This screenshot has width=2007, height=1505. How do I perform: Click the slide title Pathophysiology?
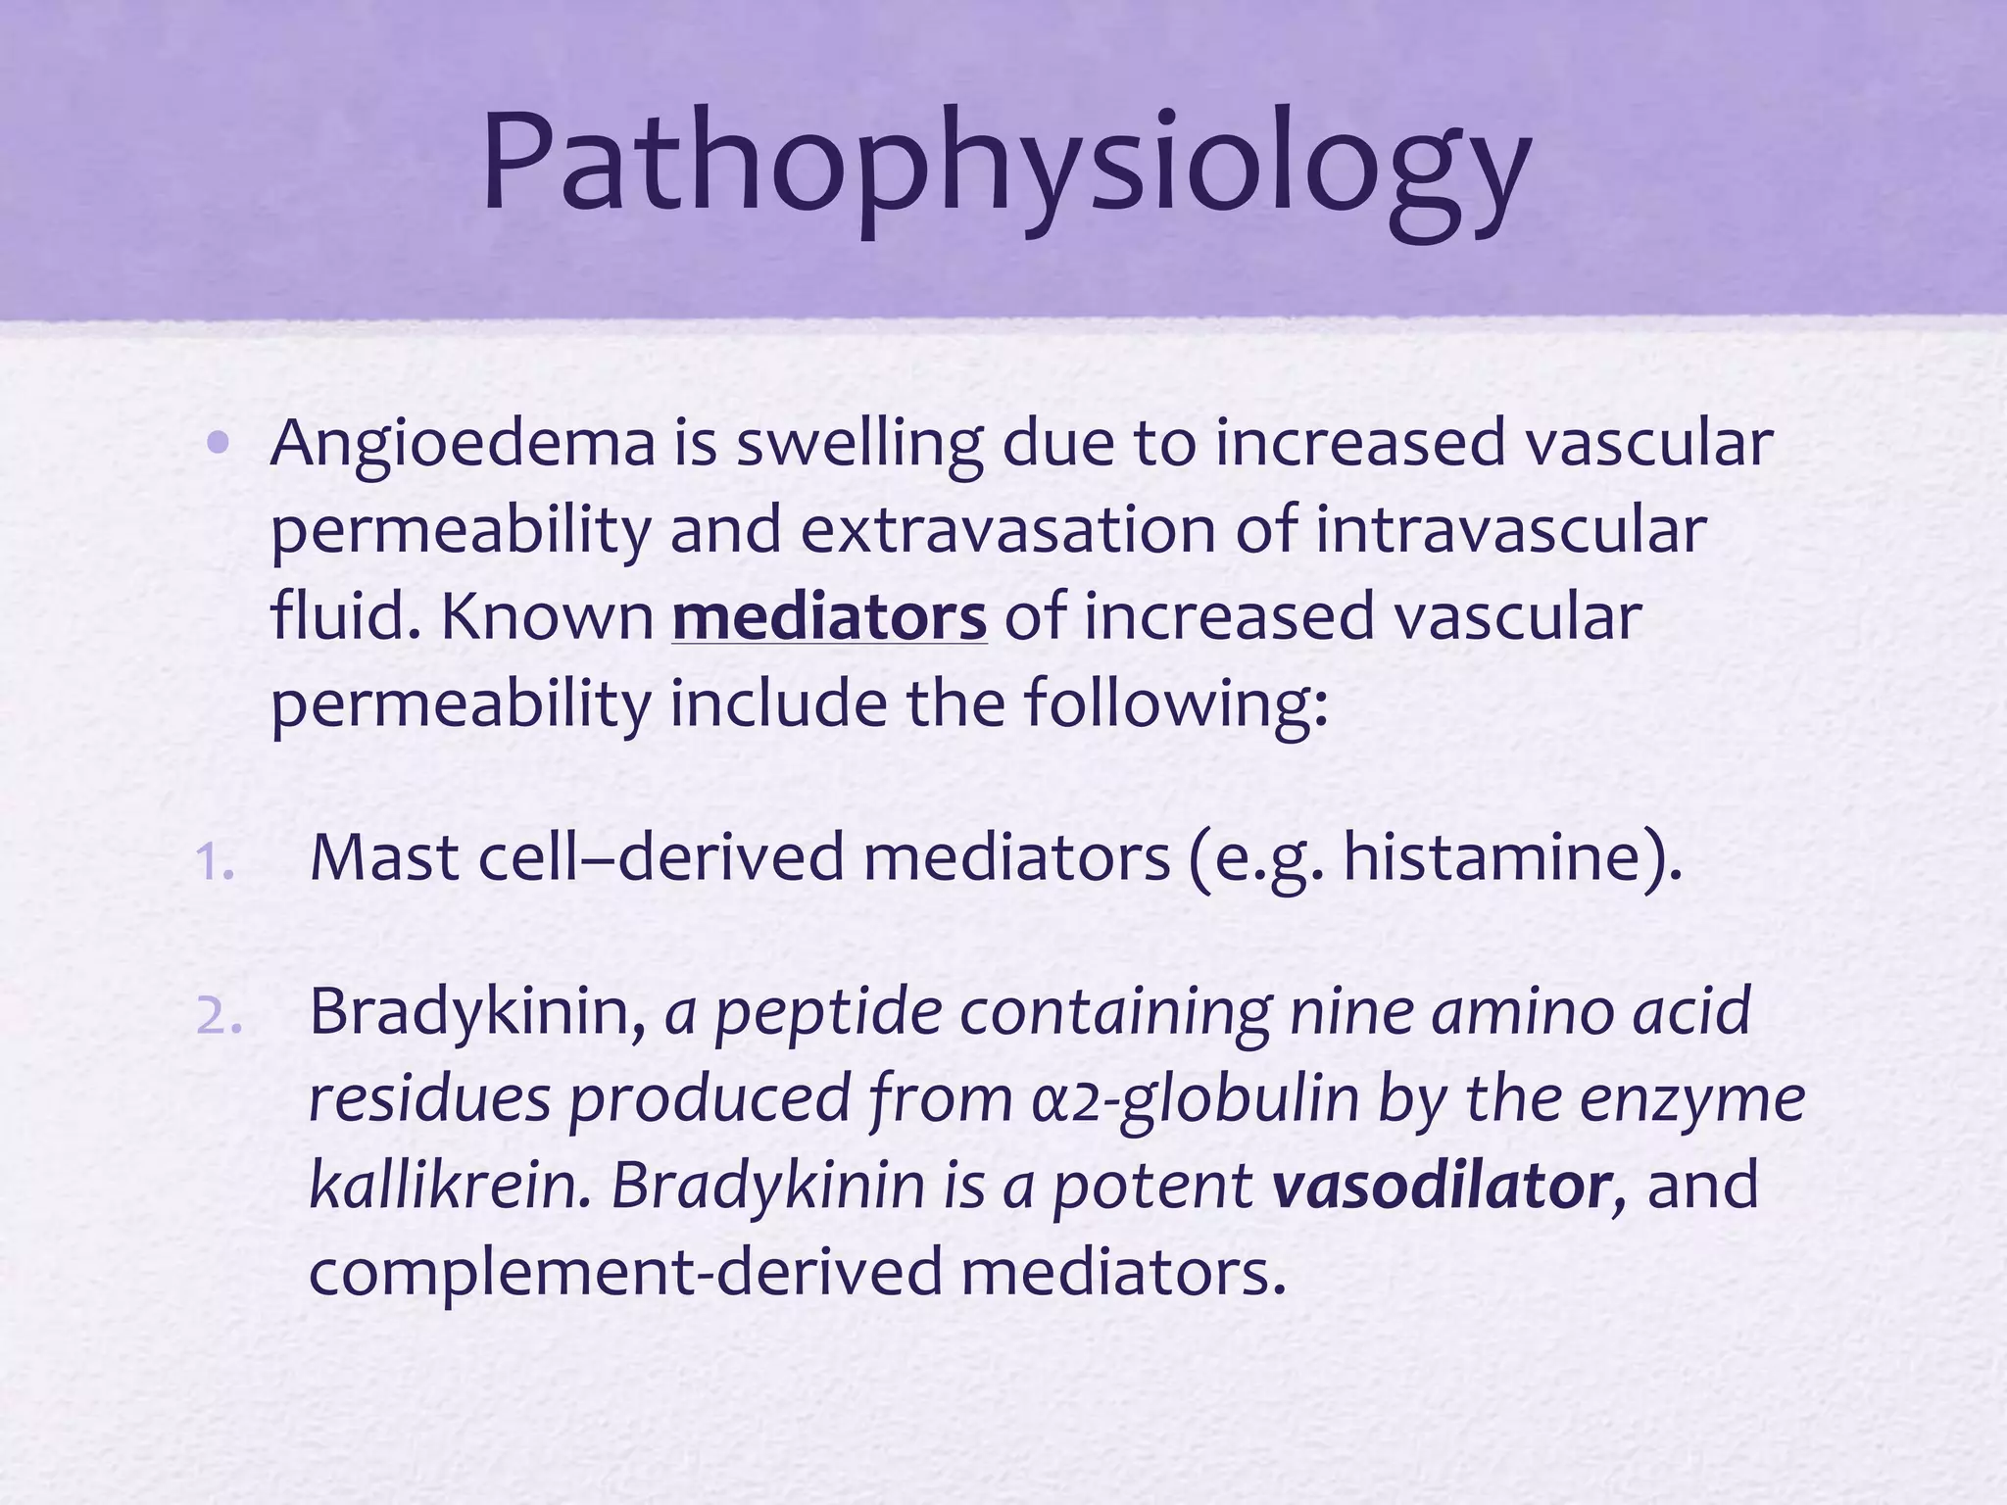pos(1005,162)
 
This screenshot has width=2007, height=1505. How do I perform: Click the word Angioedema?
pos(463,444)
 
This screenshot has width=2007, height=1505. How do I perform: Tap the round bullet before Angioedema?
pos(219,445)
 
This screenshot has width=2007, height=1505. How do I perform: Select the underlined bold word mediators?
pos(829,618)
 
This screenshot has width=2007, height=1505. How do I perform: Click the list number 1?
pos(214,863)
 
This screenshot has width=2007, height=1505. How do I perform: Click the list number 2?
pos(218,1017)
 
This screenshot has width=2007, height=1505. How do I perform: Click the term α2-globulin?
pos(1195,1100)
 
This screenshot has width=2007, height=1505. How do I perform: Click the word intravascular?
pos(1510,531)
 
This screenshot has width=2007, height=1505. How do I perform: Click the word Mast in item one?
pos(384,858)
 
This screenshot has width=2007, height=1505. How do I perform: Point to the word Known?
pos(547,618)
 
